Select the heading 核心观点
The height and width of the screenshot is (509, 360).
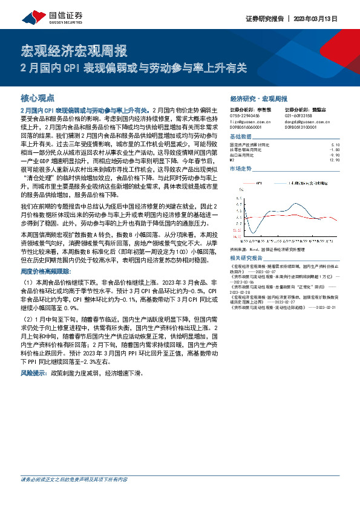tap(38, 97)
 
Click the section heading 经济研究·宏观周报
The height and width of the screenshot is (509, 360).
tap(259, 98)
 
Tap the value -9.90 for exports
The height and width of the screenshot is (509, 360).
tap(336, 154)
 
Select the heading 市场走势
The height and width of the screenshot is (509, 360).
tap(241, 169)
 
